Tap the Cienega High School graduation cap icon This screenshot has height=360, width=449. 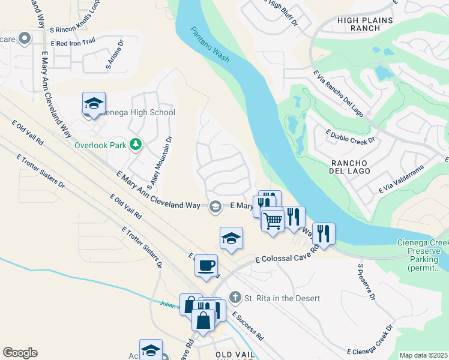[x=94, y=104]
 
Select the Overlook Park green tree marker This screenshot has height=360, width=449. [x=136, y=144]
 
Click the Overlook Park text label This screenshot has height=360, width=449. [x=101, y=145]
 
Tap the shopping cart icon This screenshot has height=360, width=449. [x=273, y=220]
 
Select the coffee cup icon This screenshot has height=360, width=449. [x=206, y=265]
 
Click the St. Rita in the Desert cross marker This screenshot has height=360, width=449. [x=236, y=298]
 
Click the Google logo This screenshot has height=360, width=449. [x=20, y=353]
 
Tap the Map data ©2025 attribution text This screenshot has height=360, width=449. [x=423, y=355]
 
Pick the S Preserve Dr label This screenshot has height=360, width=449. [x=366, y=282]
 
